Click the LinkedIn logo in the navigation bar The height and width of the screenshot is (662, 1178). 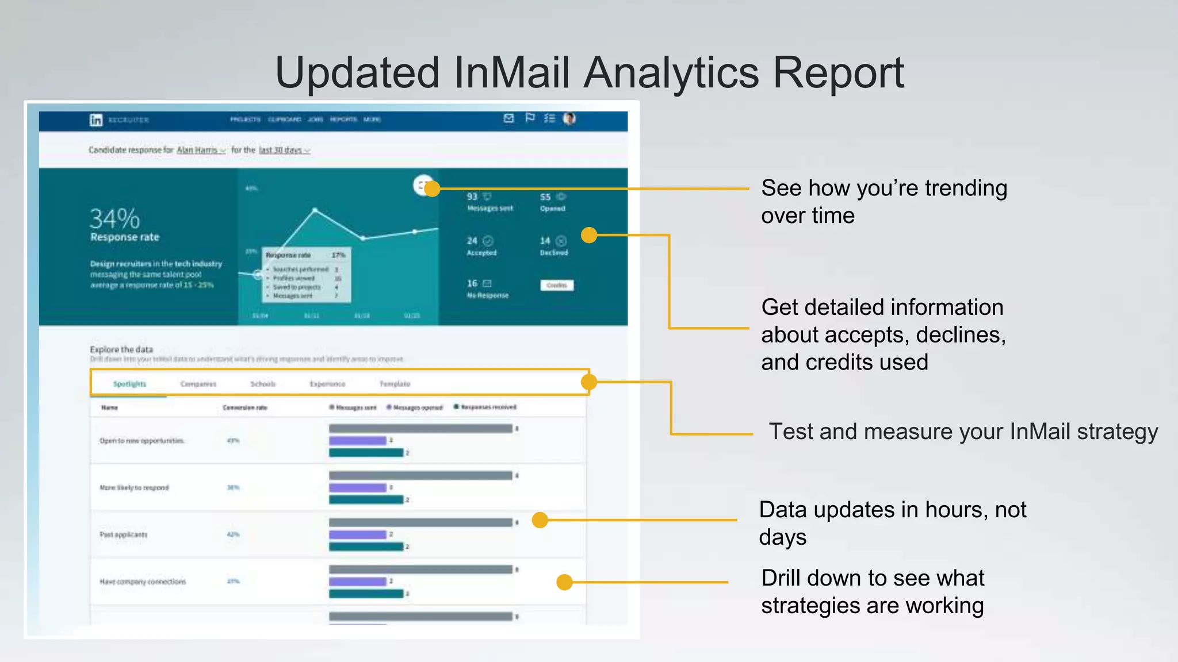96,120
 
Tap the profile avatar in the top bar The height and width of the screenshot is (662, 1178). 569,118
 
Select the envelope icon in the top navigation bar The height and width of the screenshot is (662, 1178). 508,118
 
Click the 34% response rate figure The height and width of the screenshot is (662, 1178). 115,219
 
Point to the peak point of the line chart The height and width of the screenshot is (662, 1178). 315,211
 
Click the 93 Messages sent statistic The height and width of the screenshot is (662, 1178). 489,202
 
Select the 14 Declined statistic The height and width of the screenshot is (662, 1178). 553,245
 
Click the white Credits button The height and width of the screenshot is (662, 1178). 556,285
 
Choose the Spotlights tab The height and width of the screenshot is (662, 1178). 129,384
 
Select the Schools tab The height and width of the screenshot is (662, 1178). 263,384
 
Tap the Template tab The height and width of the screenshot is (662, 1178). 395,384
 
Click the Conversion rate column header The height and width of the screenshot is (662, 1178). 245,407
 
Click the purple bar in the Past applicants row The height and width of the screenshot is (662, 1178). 357,534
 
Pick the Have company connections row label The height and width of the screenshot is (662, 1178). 143,582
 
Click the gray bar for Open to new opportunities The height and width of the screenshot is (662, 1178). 420,429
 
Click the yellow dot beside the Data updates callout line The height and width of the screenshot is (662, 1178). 540,520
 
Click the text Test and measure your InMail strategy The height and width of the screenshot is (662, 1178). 963,432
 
